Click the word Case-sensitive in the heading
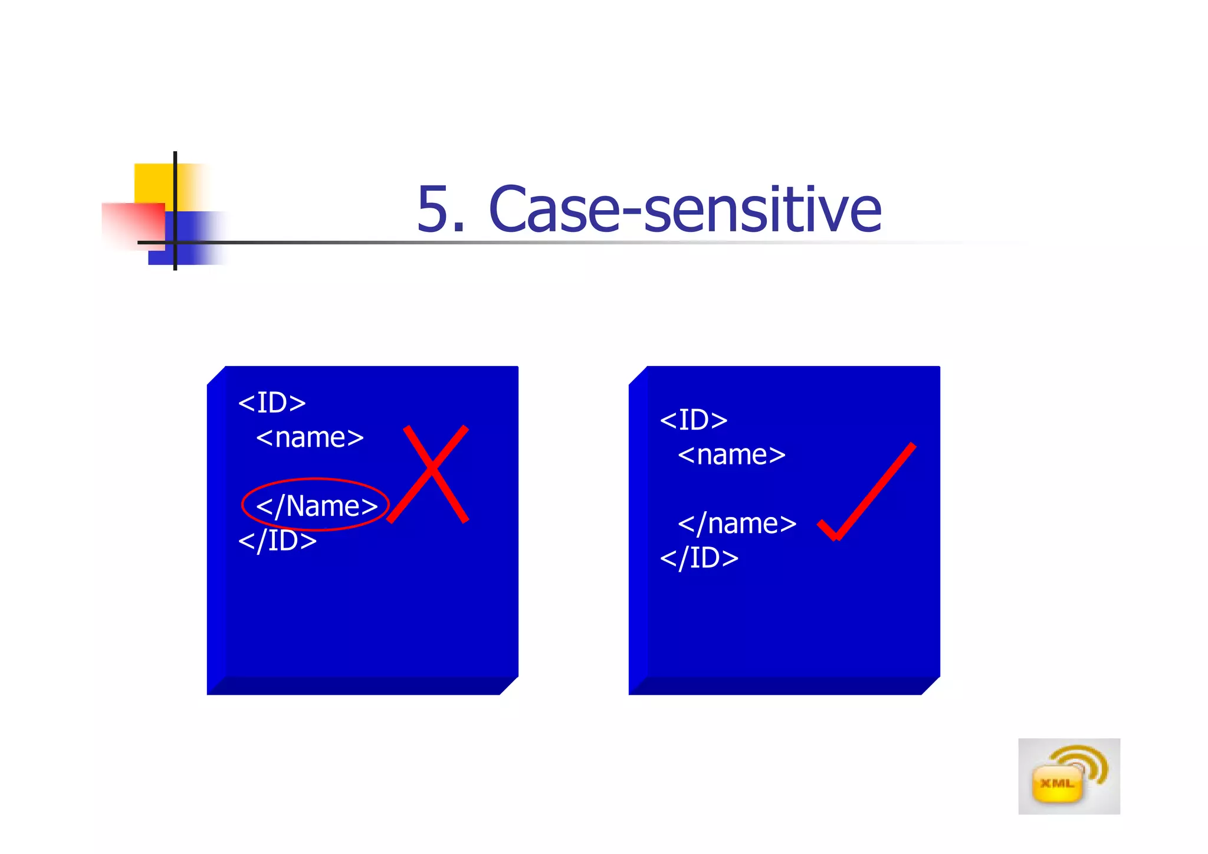[684, 210]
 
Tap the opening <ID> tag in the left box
[272, 403]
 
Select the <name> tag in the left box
[310, 438]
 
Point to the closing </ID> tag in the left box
[277, 541]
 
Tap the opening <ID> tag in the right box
[694, 420]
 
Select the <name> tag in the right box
[731, 455]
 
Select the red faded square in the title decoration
[133, 224]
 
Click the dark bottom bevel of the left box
[360, 686]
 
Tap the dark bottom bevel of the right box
[782, 686]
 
